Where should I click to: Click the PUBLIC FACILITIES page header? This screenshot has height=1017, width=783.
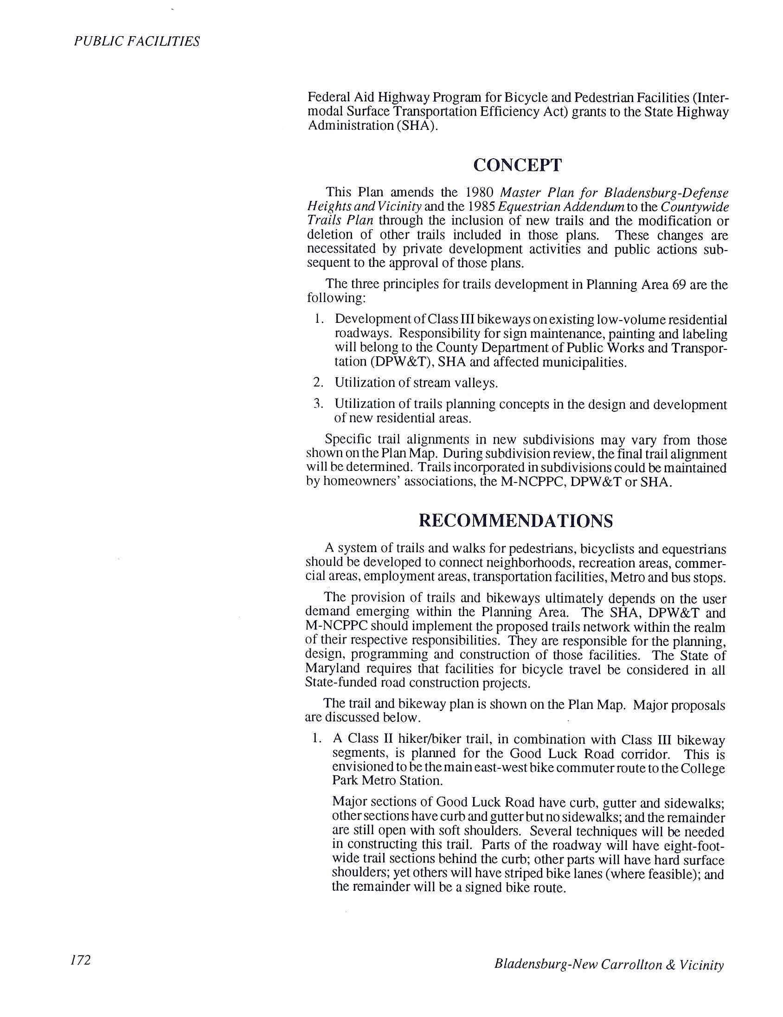point(136,42)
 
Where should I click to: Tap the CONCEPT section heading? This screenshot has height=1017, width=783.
point(517,165)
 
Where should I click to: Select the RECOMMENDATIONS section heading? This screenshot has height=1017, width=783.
point(516,521)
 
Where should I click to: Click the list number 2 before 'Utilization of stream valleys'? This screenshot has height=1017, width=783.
point(317,383)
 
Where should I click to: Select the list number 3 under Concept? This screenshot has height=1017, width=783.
point(317,404)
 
